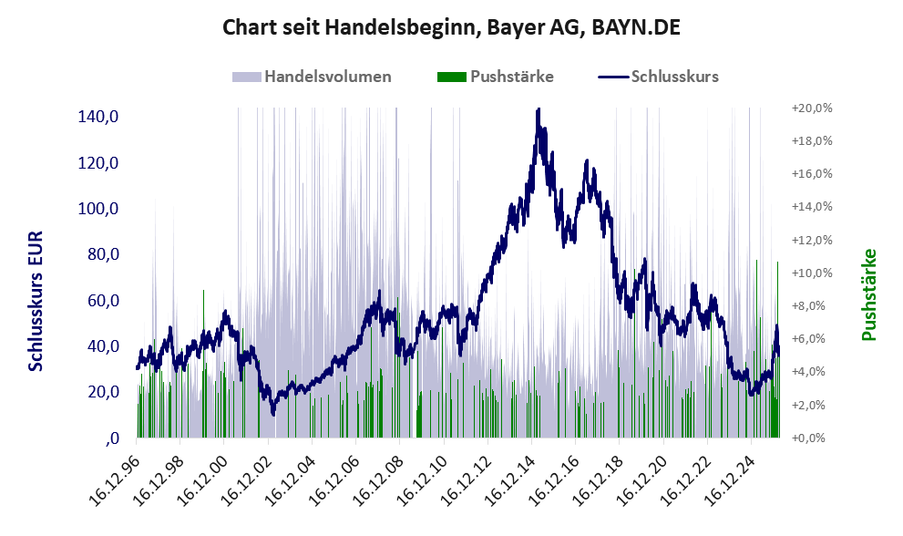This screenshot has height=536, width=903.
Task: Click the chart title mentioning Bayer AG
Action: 451,27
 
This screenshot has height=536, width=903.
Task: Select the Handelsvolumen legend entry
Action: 312,77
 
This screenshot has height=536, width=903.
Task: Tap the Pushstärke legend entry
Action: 496,77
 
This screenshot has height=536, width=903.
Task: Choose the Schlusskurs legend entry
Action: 658,77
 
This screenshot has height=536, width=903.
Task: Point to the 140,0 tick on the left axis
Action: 98,117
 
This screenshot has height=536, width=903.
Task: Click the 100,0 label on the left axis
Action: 98,209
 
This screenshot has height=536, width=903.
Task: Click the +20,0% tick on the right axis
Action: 812,108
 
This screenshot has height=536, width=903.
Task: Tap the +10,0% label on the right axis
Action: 812,273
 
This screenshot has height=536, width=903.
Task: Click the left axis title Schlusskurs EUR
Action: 36,301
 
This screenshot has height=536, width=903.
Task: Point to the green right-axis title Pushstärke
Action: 868,294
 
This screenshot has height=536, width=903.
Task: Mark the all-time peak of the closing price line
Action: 538,108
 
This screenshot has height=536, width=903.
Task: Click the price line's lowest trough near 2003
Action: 273,413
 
